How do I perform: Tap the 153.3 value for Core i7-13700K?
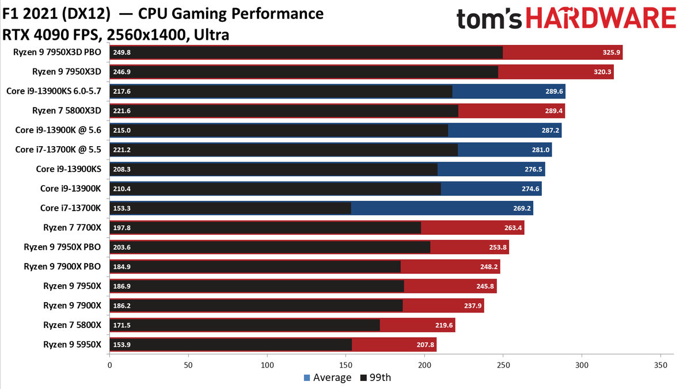pos(122,208)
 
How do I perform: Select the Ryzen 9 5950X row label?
pos(72,344)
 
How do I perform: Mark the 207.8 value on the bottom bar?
pos(424,345)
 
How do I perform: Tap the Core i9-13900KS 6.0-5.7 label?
pos(54,91)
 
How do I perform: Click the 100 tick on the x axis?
pos(267,365)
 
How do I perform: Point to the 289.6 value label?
pos(552,91)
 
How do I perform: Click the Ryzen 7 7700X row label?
pos(72,227)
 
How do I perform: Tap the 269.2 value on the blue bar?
pos(521,208)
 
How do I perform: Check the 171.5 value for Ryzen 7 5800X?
pos(122,325)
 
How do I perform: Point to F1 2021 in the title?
pos(35,13)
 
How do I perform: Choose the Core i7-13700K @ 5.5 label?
pos(58,150)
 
